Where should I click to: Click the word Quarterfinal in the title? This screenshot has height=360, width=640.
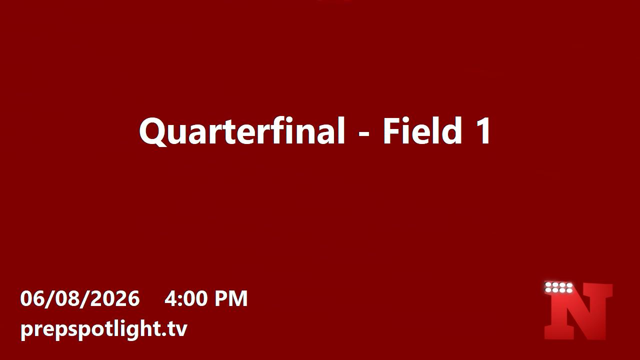tap(242, 131)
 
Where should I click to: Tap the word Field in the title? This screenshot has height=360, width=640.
tap(422, 130)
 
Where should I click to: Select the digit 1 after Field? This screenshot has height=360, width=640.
tap(482, 131)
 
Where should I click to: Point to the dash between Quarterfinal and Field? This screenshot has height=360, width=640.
tap(364, 133)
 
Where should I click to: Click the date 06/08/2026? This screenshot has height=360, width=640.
tap(80, 298)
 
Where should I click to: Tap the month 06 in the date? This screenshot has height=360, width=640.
tap(30, 298)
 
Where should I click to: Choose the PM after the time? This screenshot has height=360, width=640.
tap(231, 298)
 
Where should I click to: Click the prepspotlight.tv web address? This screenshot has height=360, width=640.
tap(103, 329)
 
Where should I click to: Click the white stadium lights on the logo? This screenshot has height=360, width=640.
tap(559, 287)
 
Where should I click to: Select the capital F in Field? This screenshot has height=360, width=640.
tap(391, 131)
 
